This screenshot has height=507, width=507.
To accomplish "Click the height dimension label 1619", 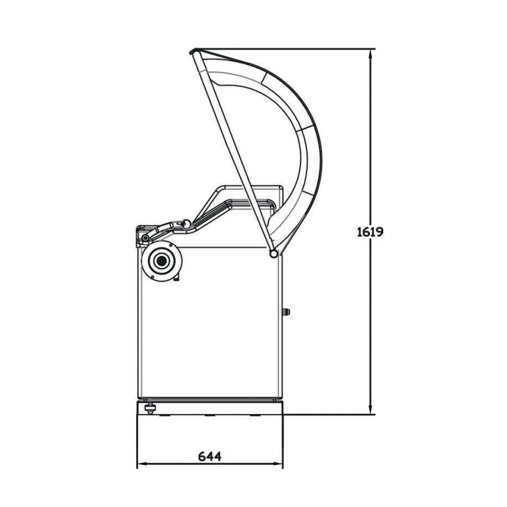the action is [370, 232].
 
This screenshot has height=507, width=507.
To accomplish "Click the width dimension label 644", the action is [210, 457].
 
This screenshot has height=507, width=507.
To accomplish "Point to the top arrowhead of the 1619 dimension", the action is [370, 53].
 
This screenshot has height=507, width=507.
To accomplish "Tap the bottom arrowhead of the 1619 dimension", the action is [370, 410].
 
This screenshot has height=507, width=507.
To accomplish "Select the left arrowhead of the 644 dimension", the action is [142, 464].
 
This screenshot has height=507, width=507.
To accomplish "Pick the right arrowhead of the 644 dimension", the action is [278, 464].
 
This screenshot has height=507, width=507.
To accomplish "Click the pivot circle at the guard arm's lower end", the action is [274, 254].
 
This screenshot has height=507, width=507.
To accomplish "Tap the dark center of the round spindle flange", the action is [161, 260].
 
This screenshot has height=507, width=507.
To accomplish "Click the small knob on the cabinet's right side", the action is [286, 312].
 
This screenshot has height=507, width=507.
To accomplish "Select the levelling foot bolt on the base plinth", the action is [150, 408].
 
